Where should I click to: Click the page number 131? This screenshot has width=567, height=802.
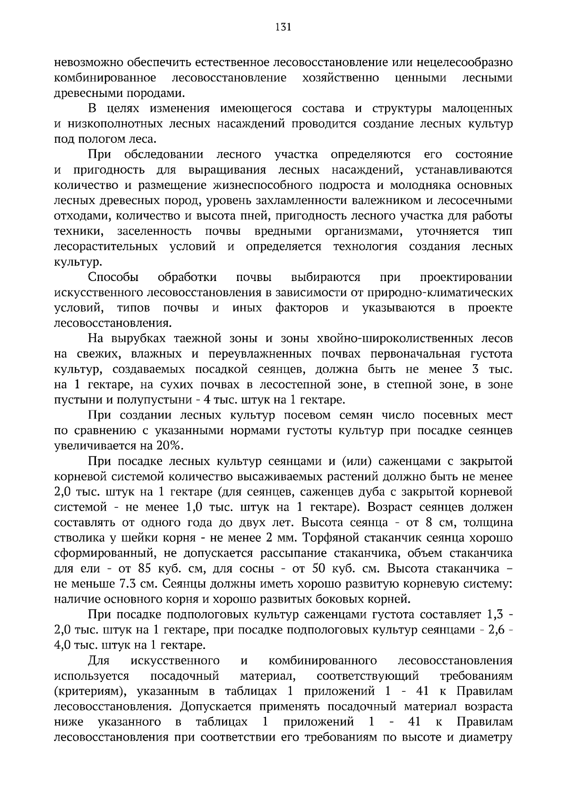(283, 27)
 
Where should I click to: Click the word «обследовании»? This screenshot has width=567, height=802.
(163, 155)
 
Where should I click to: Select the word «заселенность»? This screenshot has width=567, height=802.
(155, 231)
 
